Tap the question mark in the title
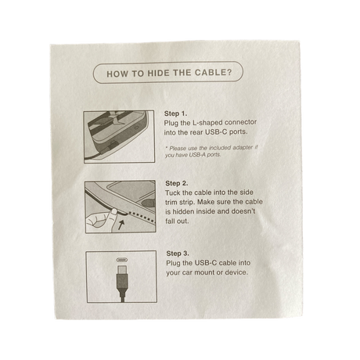pyautogui.click(x=229, y=72)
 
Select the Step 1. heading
pyautogui.click(x=175, y=113)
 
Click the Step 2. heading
pyautogui.click(x=177, y=183)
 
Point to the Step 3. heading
pyautogui.click(x=178, y=254)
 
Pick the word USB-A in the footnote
pyautogui.click(x=197, y=155)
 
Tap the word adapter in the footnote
pyautogui.click(x=243, y=147)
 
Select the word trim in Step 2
pyautogui.click(x=171, y=203)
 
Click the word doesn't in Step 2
pyautogui.click(x=243, y=211)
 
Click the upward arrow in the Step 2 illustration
pyautogui.click(x=121, y=225)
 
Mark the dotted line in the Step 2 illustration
pyautogui.click(x=142, y=217)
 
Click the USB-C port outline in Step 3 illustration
pyautogui.click(x=122, y=261)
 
